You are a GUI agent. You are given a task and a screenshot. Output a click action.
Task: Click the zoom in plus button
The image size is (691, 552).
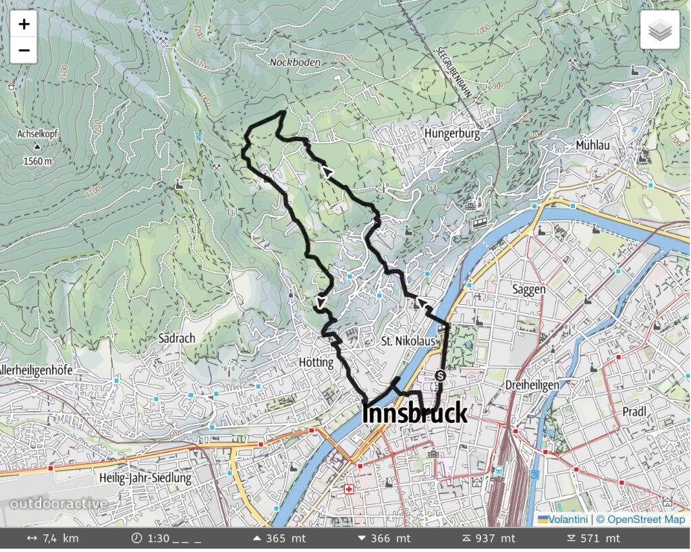pos(24,25)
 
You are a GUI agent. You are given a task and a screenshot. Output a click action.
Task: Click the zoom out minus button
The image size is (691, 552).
pos(24,50)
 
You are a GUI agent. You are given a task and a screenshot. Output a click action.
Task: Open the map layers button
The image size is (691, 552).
pos(659,30)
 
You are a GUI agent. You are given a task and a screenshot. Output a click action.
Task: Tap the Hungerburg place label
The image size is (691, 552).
pos(452,134)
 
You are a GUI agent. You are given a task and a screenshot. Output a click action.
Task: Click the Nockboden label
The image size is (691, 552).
pos(295,62)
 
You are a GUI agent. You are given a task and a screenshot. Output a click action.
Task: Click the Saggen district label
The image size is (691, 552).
pos(529,289)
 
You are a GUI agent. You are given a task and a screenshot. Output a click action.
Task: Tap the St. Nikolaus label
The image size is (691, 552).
pos(408,341)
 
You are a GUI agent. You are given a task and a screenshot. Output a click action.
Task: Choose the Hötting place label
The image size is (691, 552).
pos(316,362)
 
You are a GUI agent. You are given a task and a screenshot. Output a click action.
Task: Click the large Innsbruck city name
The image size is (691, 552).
pos(414,413)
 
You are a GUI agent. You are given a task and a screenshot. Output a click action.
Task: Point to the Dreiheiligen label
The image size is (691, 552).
pos(532,385)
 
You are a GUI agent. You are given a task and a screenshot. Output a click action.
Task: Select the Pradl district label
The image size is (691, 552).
pos(634,412)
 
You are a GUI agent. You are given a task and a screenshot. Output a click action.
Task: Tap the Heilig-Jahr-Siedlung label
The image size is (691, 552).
pos(145,478)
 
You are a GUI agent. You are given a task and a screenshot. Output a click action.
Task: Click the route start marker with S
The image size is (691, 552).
pos(440,376)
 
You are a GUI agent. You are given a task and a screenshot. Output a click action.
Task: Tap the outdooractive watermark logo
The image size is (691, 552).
pos(58,503)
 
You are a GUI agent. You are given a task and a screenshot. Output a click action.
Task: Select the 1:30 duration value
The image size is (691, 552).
pos(158,539)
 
